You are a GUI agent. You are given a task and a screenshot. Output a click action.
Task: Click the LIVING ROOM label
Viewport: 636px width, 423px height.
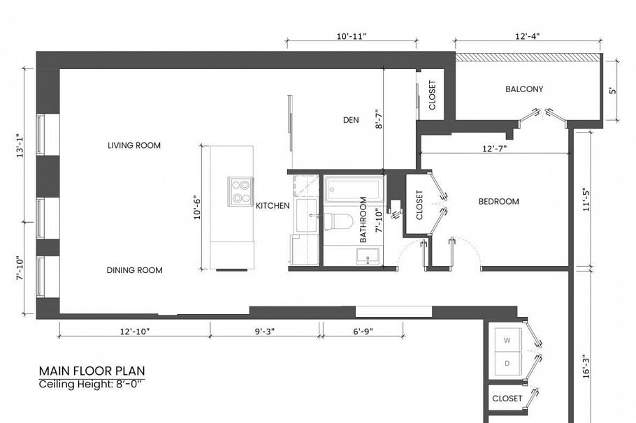[x=134, y=146]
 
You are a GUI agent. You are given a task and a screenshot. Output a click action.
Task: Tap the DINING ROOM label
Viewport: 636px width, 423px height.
[x=134, y=270]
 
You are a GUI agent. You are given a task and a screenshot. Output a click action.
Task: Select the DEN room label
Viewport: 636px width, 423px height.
[x=350, y=120]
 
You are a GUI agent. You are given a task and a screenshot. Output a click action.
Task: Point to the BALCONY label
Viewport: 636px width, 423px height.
[x=524, y=89]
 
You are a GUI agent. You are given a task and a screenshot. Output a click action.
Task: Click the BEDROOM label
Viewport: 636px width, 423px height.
[x=498, y=202]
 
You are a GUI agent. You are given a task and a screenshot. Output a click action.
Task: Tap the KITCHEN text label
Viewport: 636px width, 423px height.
[x=273, y=206]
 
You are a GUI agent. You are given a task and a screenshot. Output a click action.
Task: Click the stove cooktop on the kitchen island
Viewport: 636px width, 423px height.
[x=240, y=191]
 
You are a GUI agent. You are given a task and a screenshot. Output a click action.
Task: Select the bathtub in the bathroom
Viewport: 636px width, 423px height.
[x=354, y=188]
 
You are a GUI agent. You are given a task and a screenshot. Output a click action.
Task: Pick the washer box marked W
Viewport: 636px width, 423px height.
[x=507, y=340]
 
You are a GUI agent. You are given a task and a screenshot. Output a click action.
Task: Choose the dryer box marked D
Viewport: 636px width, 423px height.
[x=507, y=363]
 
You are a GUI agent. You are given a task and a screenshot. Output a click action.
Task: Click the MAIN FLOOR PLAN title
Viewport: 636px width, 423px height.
[x=92, y=371]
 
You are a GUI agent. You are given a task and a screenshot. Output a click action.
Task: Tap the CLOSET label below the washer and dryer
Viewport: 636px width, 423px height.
[x=507, y=399]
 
